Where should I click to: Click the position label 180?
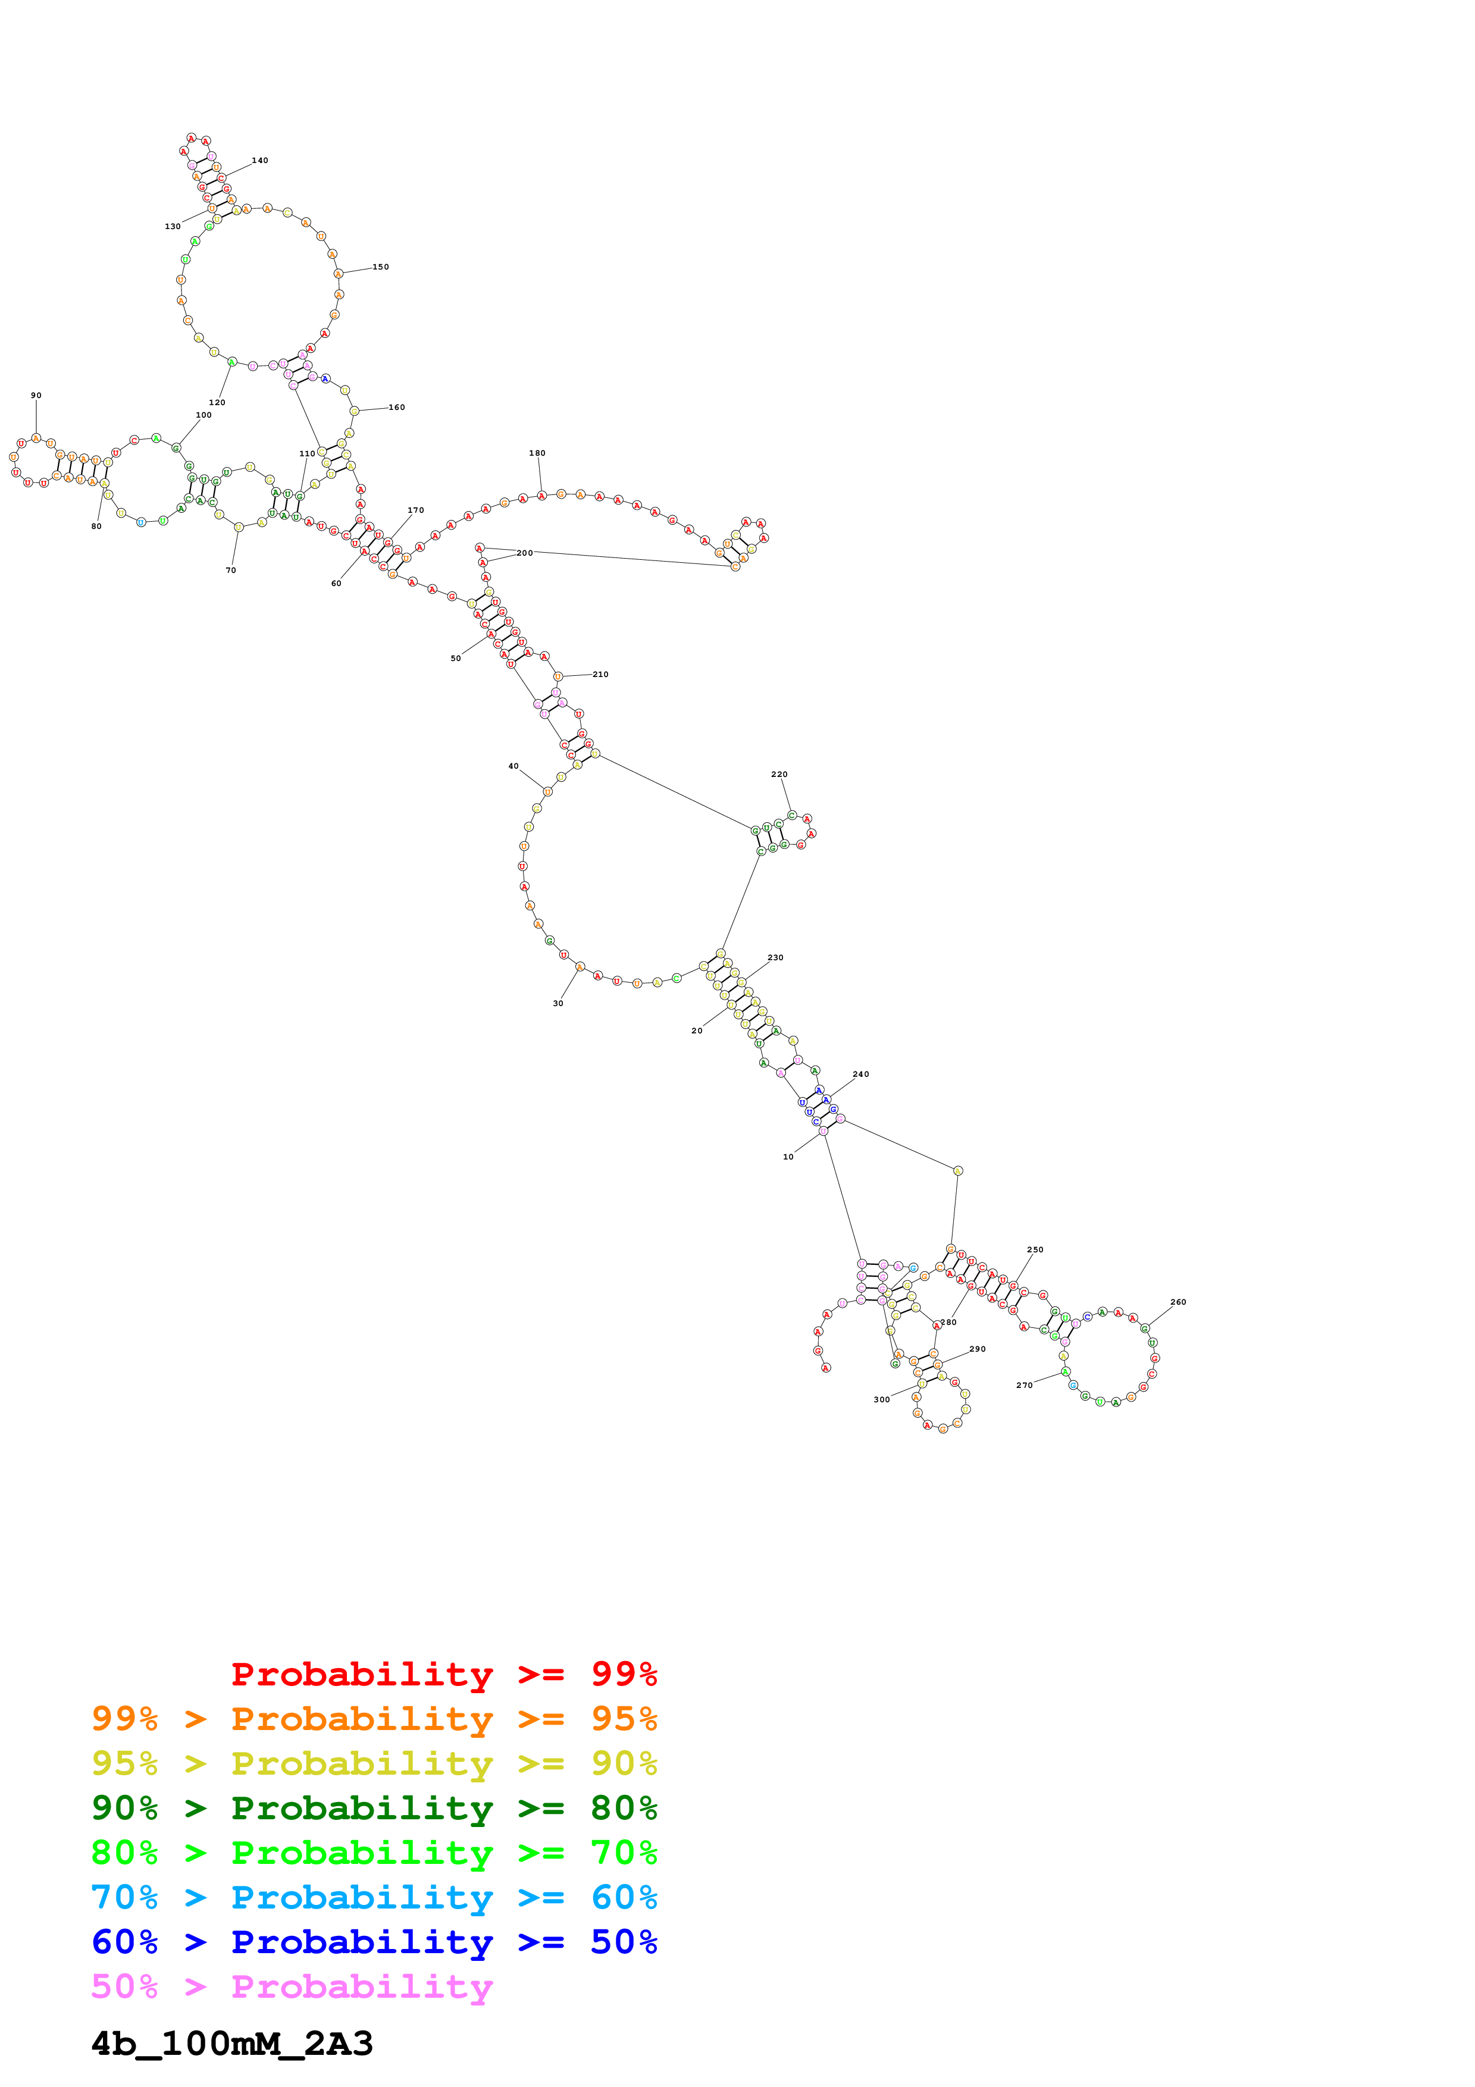[x=537, y=453]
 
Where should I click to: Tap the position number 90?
[x=36, y=396]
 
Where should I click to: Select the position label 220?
[x=779, y=775]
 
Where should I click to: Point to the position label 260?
[x=1178, y=1302]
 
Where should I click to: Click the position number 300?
[x=882, y=1399]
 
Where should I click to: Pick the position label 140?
[x=260, y=160]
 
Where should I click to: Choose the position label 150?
[x=381, y=267]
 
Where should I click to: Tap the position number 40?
[x=513, y=766]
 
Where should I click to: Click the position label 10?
[x=788, y=1156]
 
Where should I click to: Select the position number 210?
[x=601, y=675]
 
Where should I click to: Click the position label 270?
[x=1024, y=1385]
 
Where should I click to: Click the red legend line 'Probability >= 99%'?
[x=443, y=1674]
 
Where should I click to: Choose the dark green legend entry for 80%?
[x=374, y=1808]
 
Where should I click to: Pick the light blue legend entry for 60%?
[x=374, y=1897]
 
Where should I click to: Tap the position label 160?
[x=397, y=407]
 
